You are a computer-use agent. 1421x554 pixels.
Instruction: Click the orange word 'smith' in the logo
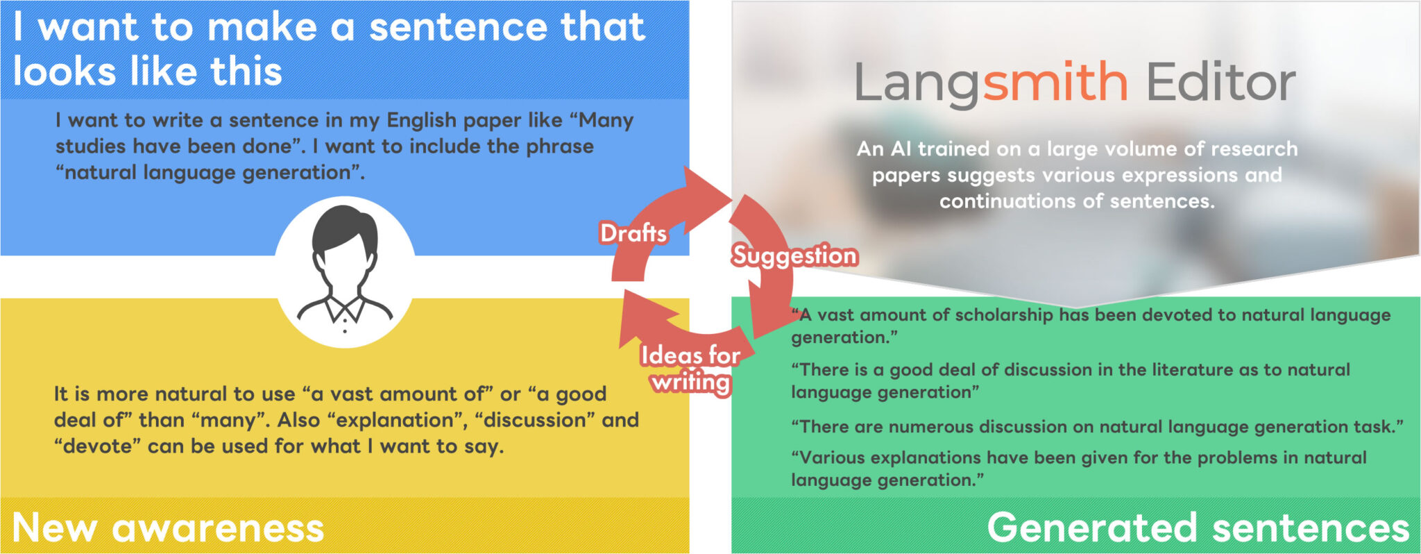pyautogui.click(x=1055, y=83)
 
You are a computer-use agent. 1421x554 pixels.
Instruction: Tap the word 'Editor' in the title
pyautogui.click(x=1220, y=83)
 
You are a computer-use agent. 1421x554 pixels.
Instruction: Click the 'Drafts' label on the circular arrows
pyautogui.click(x=633, y=233)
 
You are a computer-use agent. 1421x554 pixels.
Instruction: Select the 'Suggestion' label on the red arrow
pyautogui.click(x=795, y=255)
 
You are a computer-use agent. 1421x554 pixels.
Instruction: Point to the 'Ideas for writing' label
pyautogui.click(x=690, y=369)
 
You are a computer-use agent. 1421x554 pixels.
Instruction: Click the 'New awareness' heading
pyautogui.click(x=168, y=528)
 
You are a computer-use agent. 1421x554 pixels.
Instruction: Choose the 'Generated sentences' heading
pyautogui.click(x=1198, y=528)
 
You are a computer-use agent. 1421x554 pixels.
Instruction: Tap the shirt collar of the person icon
pyautogui.click(x=345, y=310)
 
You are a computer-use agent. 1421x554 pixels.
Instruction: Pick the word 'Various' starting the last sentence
pyautogui.click(x=830, y=458)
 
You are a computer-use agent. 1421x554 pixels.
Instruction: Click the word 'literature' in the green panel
pyautogui.click(x=1193, y=370)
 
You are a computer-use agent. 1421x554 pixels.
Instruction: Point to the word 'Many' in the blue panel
pyautogui.click(x=606, y=120)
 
